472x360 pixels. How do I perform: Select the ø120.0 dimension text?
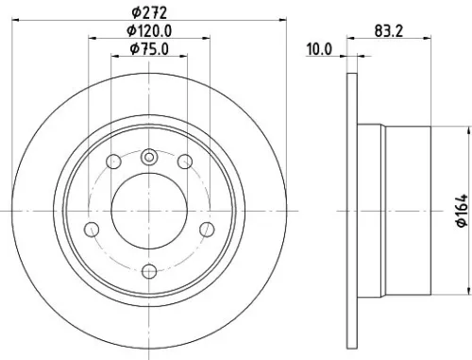(x=154, y=31)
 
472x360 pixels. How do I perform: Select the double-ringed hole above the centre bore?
(x=149, y=159)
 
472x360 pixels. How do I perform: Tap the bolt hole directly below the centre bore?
(x=149, y=271)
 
